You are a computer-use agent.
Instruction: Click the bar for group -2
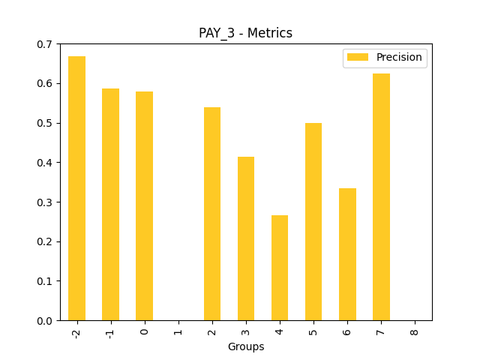pos(76,188)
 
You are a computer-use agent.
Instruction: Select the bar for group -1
pos(110,204)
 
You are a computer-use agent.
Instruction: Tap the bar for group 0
pos(144,205)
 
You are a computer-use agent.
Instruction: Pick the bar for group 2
pos(212,214)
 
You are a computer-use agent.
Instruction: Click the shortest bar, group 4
pos(280,268)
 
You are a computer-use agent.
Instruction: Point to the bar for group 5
pos(313,221)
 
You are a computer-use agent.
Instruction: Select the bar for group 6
pos(347,254)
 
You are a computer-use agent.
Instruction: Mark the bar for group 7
pos(381,196)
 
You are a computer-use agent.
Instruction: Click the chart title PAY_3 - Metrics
pos(245,33)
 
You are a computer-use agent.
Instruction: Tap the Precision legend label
pos(399,58)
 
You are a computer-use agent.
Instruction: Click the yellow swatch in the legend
pos(358,58)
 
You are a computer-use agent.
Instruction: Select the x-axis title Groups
pos(246,347)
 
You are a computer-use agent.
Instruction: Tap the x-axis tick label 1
pos(178,331)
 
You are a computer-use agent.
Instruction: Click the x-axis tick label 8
pos(415,331)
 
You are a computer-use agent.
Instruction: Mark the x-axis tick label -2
pos(76,332)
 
